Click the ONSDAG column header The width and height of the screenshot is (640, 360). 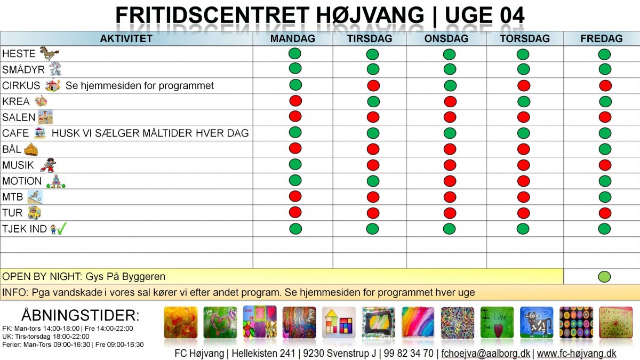(446, 38)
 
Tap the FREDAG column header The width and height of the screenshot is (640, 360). (601, 38)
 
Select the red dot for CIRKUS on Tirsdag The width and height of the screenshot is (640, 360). (373, 85)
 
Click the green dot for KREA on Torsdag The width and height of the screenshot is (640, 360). (523, 101)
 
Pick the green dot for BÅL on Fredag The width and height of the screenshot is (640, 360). (604, 149)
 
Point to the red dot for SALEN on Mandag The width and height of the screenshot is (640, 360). (295, 116)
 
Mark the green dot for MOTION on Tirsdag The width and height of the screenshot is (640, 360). (373, 181)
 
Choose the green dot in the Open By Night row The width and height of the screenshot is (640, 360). (604, 277)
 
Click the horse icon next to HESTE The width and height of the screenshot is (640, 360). (49, 53)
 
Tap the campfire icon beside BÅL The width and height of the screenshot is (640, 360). (31, 149)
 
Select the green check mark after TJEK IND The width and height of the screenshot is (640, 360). (62, 229)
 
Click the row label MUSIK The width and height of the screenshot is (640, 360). (18, 165)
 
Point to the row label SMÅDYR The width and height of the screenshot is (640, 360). (23, 70)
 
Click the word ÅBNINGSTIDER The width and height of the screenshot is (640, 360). (80, 315)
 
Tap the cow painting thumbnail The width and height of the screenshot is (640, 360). (537, 323)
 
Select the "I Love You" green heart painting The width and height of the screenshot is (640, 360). (497, 323)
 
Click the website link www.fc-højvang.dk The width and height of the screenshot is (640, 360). (577, 354)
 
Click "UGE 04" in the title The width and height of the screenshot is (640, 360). (484, 16)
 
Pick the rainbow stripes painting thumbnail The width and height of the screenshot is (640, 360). (418, 323)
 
